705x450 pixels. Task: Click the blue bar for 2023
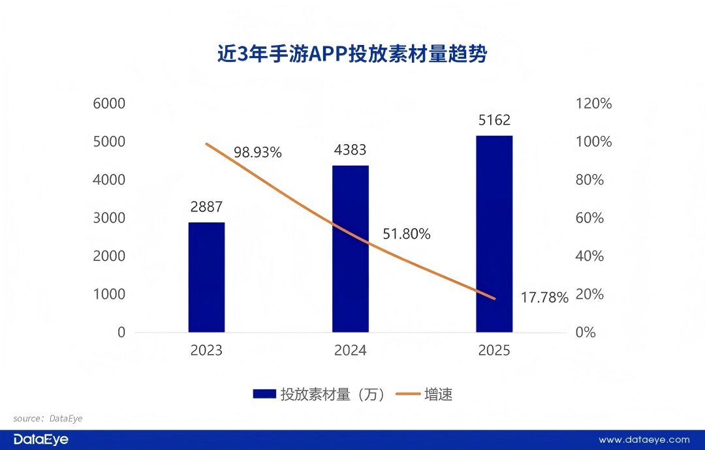click(x=206, y=277)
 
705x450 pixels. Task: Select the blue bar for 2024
click(x=351, y=248)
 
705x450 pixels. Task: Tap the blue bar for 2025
click(x=494, y=233)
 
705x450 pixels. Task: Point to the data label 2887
click(x=206, y=207)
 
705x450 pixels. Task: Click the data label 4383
click(x=350, y=151)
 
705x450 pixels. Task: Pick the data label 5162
click(x=494, y=121)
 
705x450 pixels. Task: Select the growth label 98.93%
click(x=258, y=153)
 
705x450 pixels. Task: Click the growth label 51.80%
click(x=407, y=234)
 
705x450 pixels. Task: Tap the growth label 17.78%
click(x=544, y=298)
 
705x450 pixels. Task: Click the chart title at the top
click(x=352, y=54)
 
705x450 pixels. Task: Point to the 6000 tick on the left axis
click(x=112, y=104)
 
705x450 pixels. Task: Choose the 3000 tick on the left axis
click(x=112, y=218)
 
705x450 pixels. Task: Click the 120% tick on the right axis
click(x=593, y=104)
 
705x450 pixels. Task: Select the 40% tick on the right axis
click(x=589, y=256)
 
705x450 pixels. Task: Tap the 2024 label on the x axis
click(x=351, y=351)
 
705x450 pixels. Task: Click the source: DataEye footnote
click(x=48, y=418)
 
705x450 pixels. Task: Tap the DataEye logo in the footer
click(x=40, y=440)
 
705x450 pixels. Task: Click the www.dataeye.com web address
click(x=644, y=440)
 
